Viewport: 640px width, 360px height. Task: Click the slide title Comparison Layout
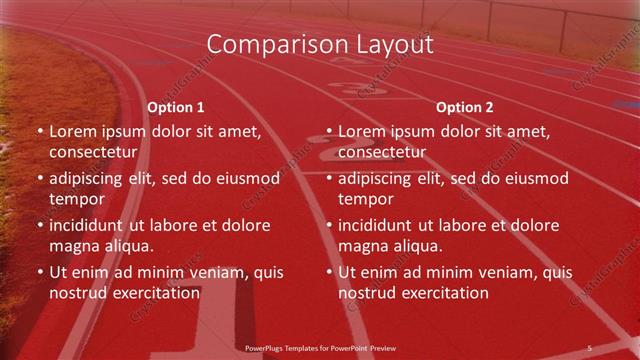pyautogui.click(x=320, y=44)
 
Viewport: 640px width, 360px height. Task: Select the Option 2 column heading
pyautogui.click(x=465, y=107)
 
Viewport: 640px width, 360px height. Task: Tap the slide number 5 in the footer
pyautogui.click(x=589, y=347)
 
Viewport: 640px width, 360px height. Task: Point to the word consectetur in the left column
pyautogui.click(x=92, y=152)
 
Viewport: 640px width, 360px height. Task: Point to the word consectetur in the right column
pyautogui.click(x=381, y=152)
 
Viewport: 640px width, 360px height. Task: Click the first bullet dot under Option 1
pyautogui.click(x=39, y=132)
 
